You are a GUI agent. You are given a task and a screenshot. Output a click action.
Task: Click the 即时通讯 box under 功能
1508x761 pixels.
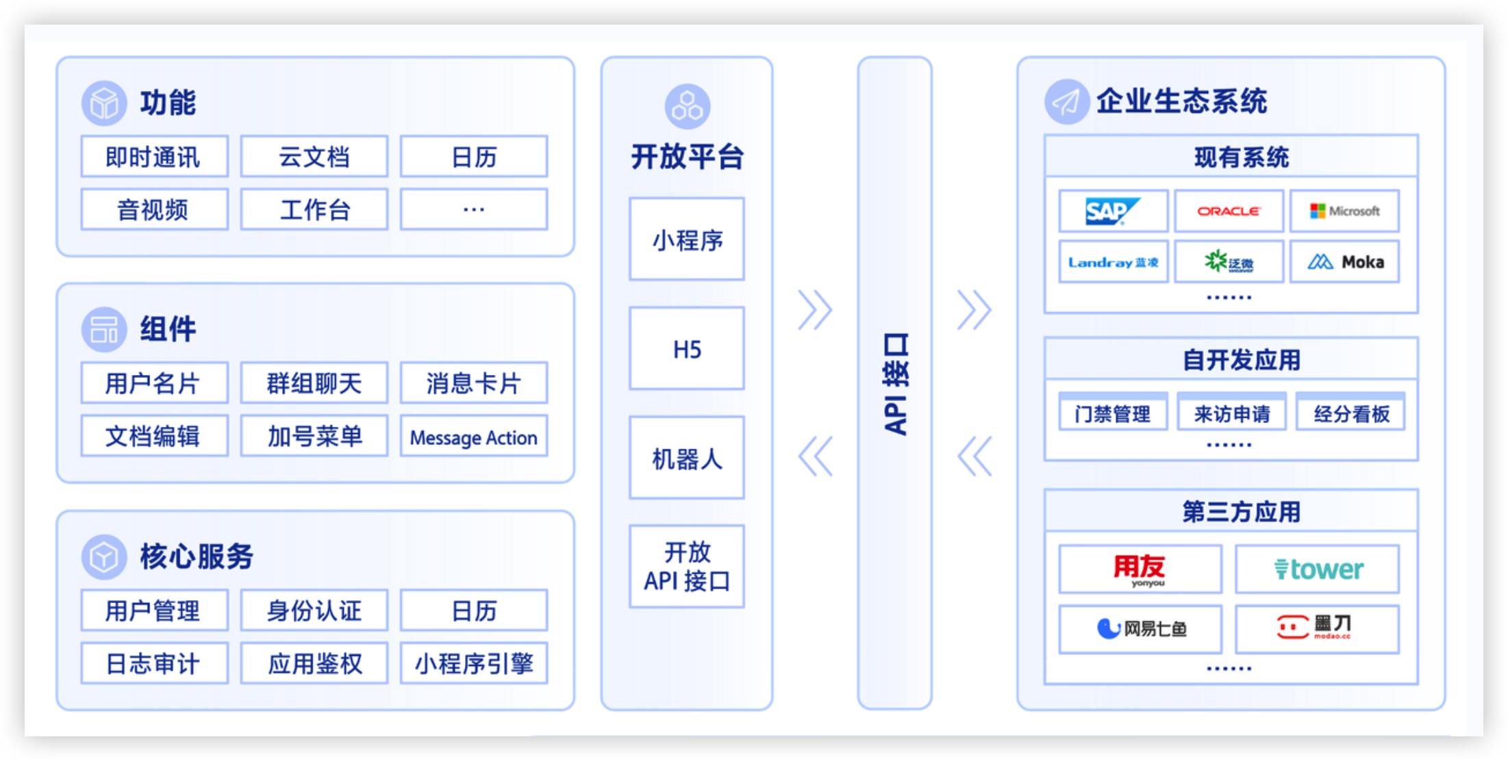tap(154, 157)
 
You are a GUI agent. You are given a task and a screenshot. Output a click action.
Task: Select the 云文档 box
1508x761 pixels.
tap(314, 157)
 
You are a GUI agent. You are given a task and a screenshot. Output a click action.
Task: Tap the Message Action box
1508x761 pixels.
tap(473, 437)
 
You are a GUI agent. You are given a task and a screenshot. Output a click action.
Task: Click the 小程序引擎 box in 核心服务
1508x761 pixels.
tap(473, 663)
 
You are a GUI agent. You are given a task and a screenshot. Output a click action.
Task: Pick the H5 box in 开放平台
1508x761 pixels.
tap(686, 349)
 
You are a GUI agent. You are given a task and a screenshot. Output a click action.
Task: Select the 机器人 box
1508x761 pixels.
tap(686, 458)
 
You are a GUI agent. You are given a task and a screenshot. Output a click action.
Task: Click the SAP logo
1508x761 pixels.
tap(1112, 211)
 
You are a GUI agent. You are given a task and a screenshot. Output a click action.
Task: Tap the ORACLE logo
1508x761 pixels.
tap(1229, 211)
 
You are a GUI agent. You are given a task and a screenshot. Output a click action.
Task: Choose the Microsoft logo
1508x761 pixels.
tap(1344, 211)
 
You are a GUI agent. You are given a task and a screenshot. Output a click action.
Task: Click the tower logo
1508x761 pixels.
tap(1318, 569)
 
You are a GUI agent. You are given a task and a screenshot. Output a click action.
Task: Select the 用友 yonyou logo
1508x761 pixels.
tap(1140, 569)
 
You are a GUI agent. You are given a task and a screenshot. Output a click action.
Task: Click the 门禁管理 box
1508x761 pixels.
tap(1112, 413)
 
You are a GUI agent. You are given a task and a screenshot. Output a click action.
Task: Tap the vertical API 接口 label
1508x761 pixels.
tap(895, 383)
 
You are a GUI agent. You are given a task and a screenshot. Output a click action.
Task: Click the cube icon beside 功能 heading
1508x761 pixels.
tap(104, 103)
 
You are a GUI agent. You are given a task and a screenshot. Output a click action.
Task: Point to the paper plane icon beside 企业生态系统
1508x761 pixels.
tap(1066, 102)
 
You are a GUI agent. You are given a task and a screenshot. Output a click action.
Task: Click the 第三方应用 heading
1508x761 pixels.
tap(1240, 511)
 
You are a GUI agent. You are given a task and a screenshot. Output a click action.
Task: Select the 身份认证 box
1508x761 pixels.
tap(314, 610)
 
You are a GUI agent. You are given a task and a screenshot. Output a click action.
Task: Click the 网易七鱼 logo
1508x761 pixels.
tap(1140, 628)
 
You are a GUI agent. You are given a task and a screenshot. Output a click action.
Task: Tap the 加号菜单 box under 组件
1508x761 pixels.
tap(314, 437)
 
